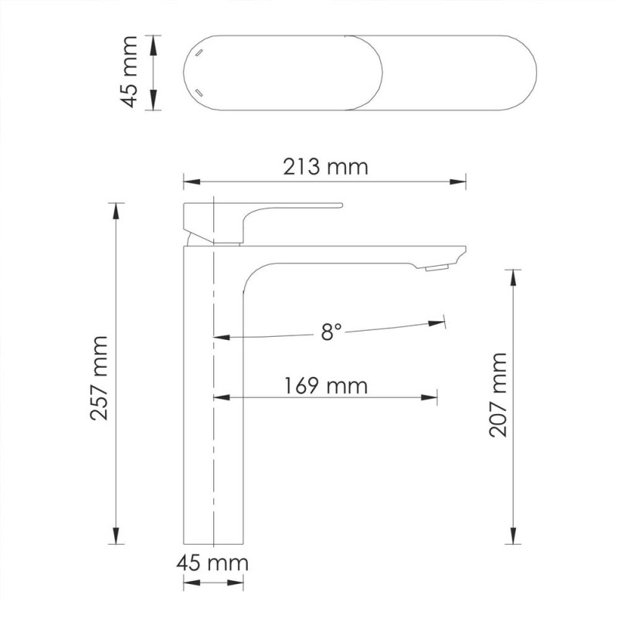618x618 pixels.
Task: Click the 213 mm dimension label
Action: (325, 165)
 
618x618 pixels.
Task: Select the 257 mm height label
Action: (100, 378)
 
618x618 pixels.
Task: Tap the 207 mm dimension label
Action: (499, 395)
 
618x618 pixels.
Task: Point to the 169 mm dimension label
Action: (325, 384)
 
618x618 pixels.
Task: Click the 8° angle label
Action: (331, 331)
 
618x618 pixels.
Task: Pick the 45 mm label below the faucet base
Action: (214, 562)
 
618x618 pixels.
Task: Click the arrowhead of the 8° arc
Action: (219, 337)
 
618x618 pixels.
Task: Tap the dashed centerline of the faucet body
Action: (212, 433)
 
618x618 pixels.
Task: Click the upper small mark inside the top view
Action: (198, 53)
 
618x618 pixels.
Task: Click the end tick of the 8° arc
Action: (444, 319)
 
